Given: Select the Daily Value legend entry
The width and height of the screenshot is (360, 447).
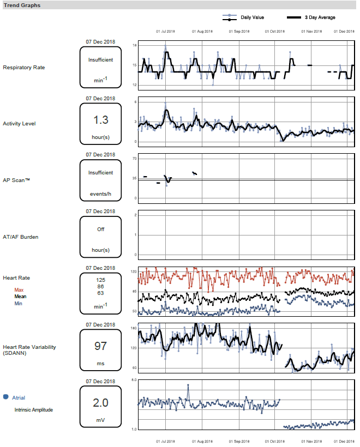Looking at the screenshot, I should (252, 17).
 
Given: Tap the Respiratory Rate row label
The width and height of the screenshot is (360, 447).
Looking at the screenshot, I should (23, 68).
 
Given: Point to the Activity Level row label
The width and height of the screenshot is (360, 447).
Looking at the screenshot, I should (19, 124).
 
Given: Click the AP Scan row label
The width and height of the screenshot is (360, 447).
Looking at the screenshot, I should (16, 180).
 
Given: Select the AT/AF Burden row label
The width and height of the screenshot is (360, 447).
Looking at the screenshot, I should (20, 237).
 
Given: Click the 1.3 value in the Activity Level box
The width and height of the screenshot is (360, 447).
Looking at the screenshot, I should (101, 120).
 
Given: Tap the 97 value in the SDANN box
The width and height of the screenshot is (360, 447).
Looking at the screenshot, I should (101, 346).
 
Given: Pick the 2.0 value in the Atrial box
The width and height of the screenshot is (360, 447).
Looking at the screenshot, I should (101, 403).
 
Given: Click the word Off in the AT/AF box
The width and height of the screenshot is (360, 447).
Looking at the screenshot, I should (101, 229).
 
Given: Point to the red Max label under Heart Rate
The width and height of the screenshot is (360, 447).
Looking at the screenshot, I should (19, 289).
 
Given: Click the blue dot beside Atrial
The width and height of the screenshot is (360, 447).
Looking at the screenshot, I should (6, 397).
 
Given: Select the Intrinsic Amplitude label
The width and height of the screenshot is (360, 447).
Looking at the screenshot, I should (34, 409).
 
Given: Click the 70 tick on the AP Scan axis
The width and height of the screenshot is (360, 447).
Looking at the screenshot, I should (134, 159).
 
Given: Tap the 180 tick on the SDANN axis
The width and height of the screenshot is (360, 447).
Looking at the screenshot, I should (134, 328).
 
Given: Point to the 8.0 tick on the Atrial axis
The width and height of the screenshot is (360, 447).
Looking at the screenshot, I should (134, 379).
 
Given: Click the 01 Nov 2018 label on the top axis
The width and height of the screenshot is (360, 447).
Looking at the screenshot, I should (311, 31).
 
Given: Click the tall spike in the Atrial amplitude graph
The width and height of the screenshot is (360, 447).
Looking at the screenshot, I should (188, 385).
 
